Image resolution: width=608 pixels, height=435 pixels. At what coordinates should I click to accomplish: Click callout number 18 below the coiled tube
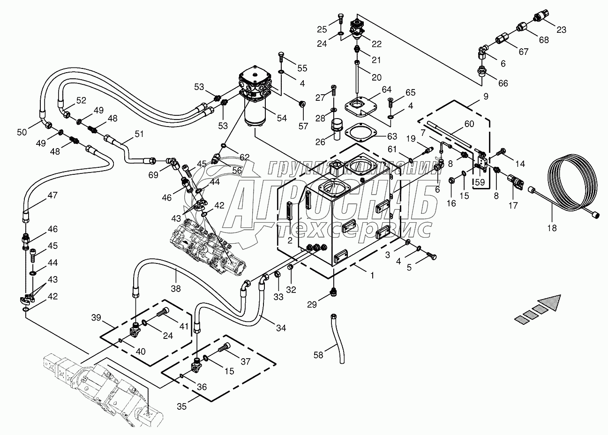click(x=552, y=228)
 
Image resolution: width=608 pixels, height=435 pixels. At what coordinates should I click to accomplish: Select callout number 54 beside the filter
click(x=282, y=118)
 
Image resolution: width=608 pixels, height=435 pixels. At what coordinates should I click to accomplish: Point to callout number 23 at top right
click(x=561, y=30)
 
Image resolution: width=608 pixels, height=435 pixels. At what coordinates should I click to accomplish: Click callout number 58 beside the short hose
click(x=318, y=355)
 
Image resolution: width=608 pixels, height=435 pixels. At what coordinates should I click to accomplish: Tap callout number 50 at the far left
click(x=22, y=133)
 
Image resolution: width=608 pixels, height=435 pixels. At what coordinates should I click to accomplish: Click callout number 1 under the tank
click(x=372, y=276)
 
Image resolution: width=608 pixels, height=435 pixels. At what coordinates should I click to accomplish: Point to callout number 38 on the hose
click(x=176, y=288)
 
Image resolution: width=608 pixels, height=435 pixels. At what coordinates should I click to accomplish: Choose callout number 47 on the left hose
click(x=53, y=195)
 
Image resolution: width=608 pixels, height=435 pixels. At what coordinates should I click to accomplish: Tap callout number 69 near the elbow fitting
click(x=153, y=175)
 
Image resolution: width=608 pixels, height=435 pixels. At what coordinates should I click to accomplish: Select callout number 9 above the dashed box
click(x=486, y=97)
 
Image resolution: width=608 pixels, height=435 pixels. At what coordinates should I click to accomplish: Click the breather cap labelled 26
click(x=337, y=128)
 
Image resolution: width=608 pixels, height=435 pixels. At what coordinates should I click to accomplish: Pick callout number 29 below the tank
click(x=312, y=305)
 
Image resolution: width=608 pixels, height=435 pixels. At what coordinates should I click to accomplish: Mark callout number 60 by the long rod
click(x=469, y=124)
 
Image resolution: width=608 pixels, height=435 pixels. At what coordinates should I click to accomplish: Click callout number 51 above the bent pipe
click(x=139, y=134)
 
